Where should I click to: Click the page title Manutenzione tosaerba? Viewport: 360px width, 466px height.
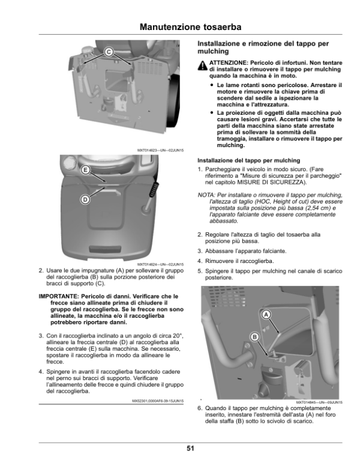point(190,27)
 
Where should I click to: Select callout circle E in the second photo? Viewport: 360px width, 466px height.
point(86,171)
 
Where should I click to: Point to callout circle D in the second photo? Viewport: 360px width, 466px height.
point(85,199)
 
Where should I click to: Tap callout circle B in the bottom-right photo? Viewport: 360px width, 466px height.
point(254,337)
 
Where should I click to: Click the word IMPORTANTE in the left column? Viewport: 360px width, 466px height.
point(59,296)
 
